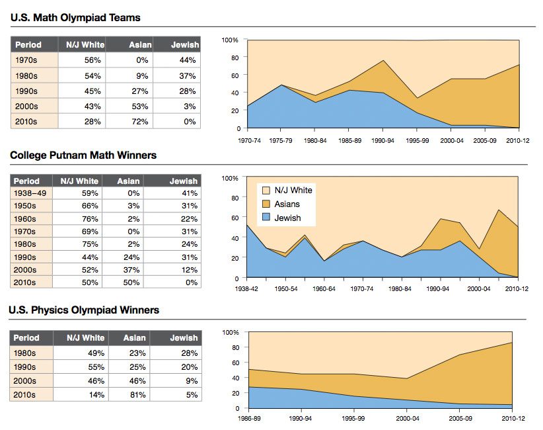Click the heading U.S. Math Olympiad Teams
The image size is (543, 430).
coord(75,18)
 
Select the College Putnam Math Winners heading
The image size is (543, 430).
coord(83,155)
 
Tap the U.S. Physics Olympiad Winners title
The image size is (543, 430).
coord(85,310)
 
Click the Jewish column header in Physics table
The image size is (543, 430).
coord(184,338)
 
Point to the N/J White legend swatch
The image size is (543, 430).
coord(266,190)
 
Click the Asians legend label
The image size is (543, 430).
coord(287,204)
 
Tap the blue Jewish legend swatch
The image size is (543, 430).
coord(266,218)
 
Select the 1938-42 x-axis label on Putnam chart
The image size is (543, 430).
coord(247,289)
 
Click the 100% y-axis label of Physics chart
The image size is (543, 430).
coord(229,331)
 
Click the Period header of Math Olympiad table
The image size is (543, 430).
coord(29,45)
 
